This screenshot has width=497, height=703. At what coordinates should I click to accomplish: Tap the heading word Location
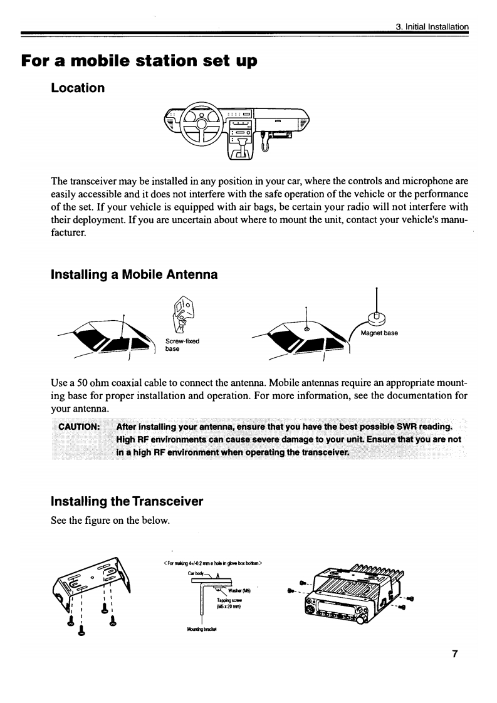tap(78, 88)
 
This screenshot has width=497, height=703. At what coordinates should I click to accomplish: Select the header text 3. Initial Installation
tap(432, 26)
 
